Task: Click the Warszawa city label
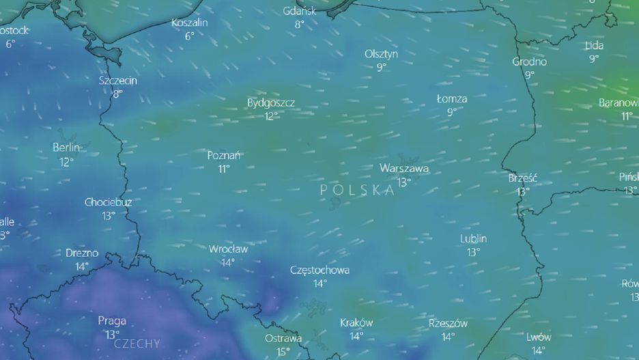pyautogui.click(x=404, y=168)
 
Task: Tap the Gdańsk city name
pyautogui.click(x=299, y=11)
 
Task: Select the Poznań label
pyautogui.click(x=224, y=156)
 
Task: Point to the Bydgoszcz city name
pyautogui.click(x=271, y=103)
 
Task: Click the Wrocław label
pyautogui.click(x=228, y=249)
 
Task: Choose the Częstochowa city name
pyautogui.click(x=319, y=271)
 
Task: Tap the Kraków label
pyautogui.click(x=356, y=323)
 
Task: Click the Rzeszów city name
pyautogui.click(x=448, y=324)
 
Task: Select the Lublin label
pyautogui.click(x=473, y=239)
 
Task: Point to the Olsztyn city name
pyautogui.click(x=381, y=54)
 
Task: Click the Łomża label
pyautogui.click(x=452, y=99)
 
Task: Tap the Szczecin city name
pyautogui.click(x=118, y=81)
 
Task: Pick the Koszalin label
pyautogui.click(x=190, y=23)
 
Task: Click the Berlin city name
pyautogui.click(x=66, y=148)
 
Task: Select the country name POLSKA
pyautogui.click(x=357, y=191)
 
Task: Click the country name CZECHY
pyautogui.click(x=137, y=344)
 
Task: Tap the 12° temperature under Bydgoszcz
pyautogui.click(x=271, y=116)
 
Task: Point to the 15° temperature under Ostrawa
pyautogui.click(x=283, y=352)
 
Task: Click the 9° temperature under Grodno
pyautogui.click(x=530, y=75)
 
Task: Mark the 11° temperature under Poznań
pyautogui.click(x=224, y=169)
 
